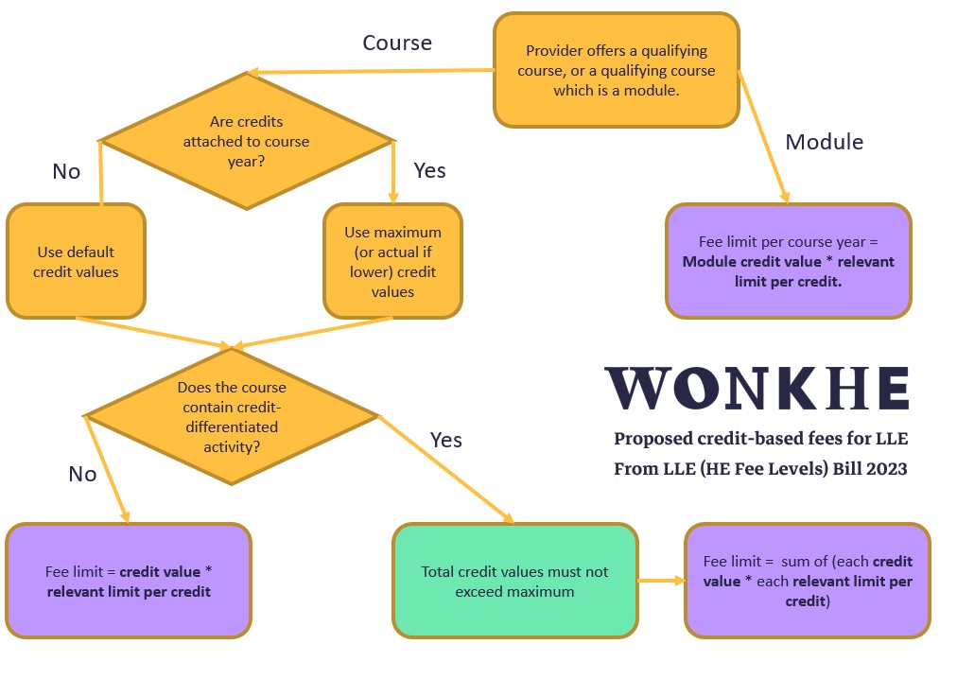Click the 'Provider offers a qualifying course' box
click(x=616, y=70)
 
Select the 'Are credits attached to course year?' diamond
click(x=246, y=142)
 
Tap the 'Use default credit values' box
click(x=76, y=262)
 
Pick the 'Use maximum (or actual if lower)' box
click(x=392, y=262)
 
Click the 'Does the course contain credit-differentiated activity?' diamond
click(x=232, y=416)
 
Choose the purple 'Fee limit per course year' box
click(x=788, y=261)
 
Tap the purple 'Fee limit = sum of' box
click(x=807, y=582)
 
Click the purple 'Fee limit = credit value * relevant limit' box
click(x=129, y=582)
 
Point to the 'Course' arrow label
click(x=397, y=44)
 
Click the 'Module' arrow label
click(x=825, y=142)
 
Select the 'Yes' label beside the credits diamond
click(x=429, y=170)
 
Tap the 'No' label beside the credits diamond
click(x=66, y=171)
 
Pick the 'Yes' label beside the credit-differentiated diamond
click(x=446, y=440)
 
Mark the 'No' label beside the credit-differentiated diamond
click(x=82, y=474)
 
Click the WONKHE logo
click(x=757, y=388)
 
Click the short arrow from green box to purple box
click(x=661, y=582)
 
